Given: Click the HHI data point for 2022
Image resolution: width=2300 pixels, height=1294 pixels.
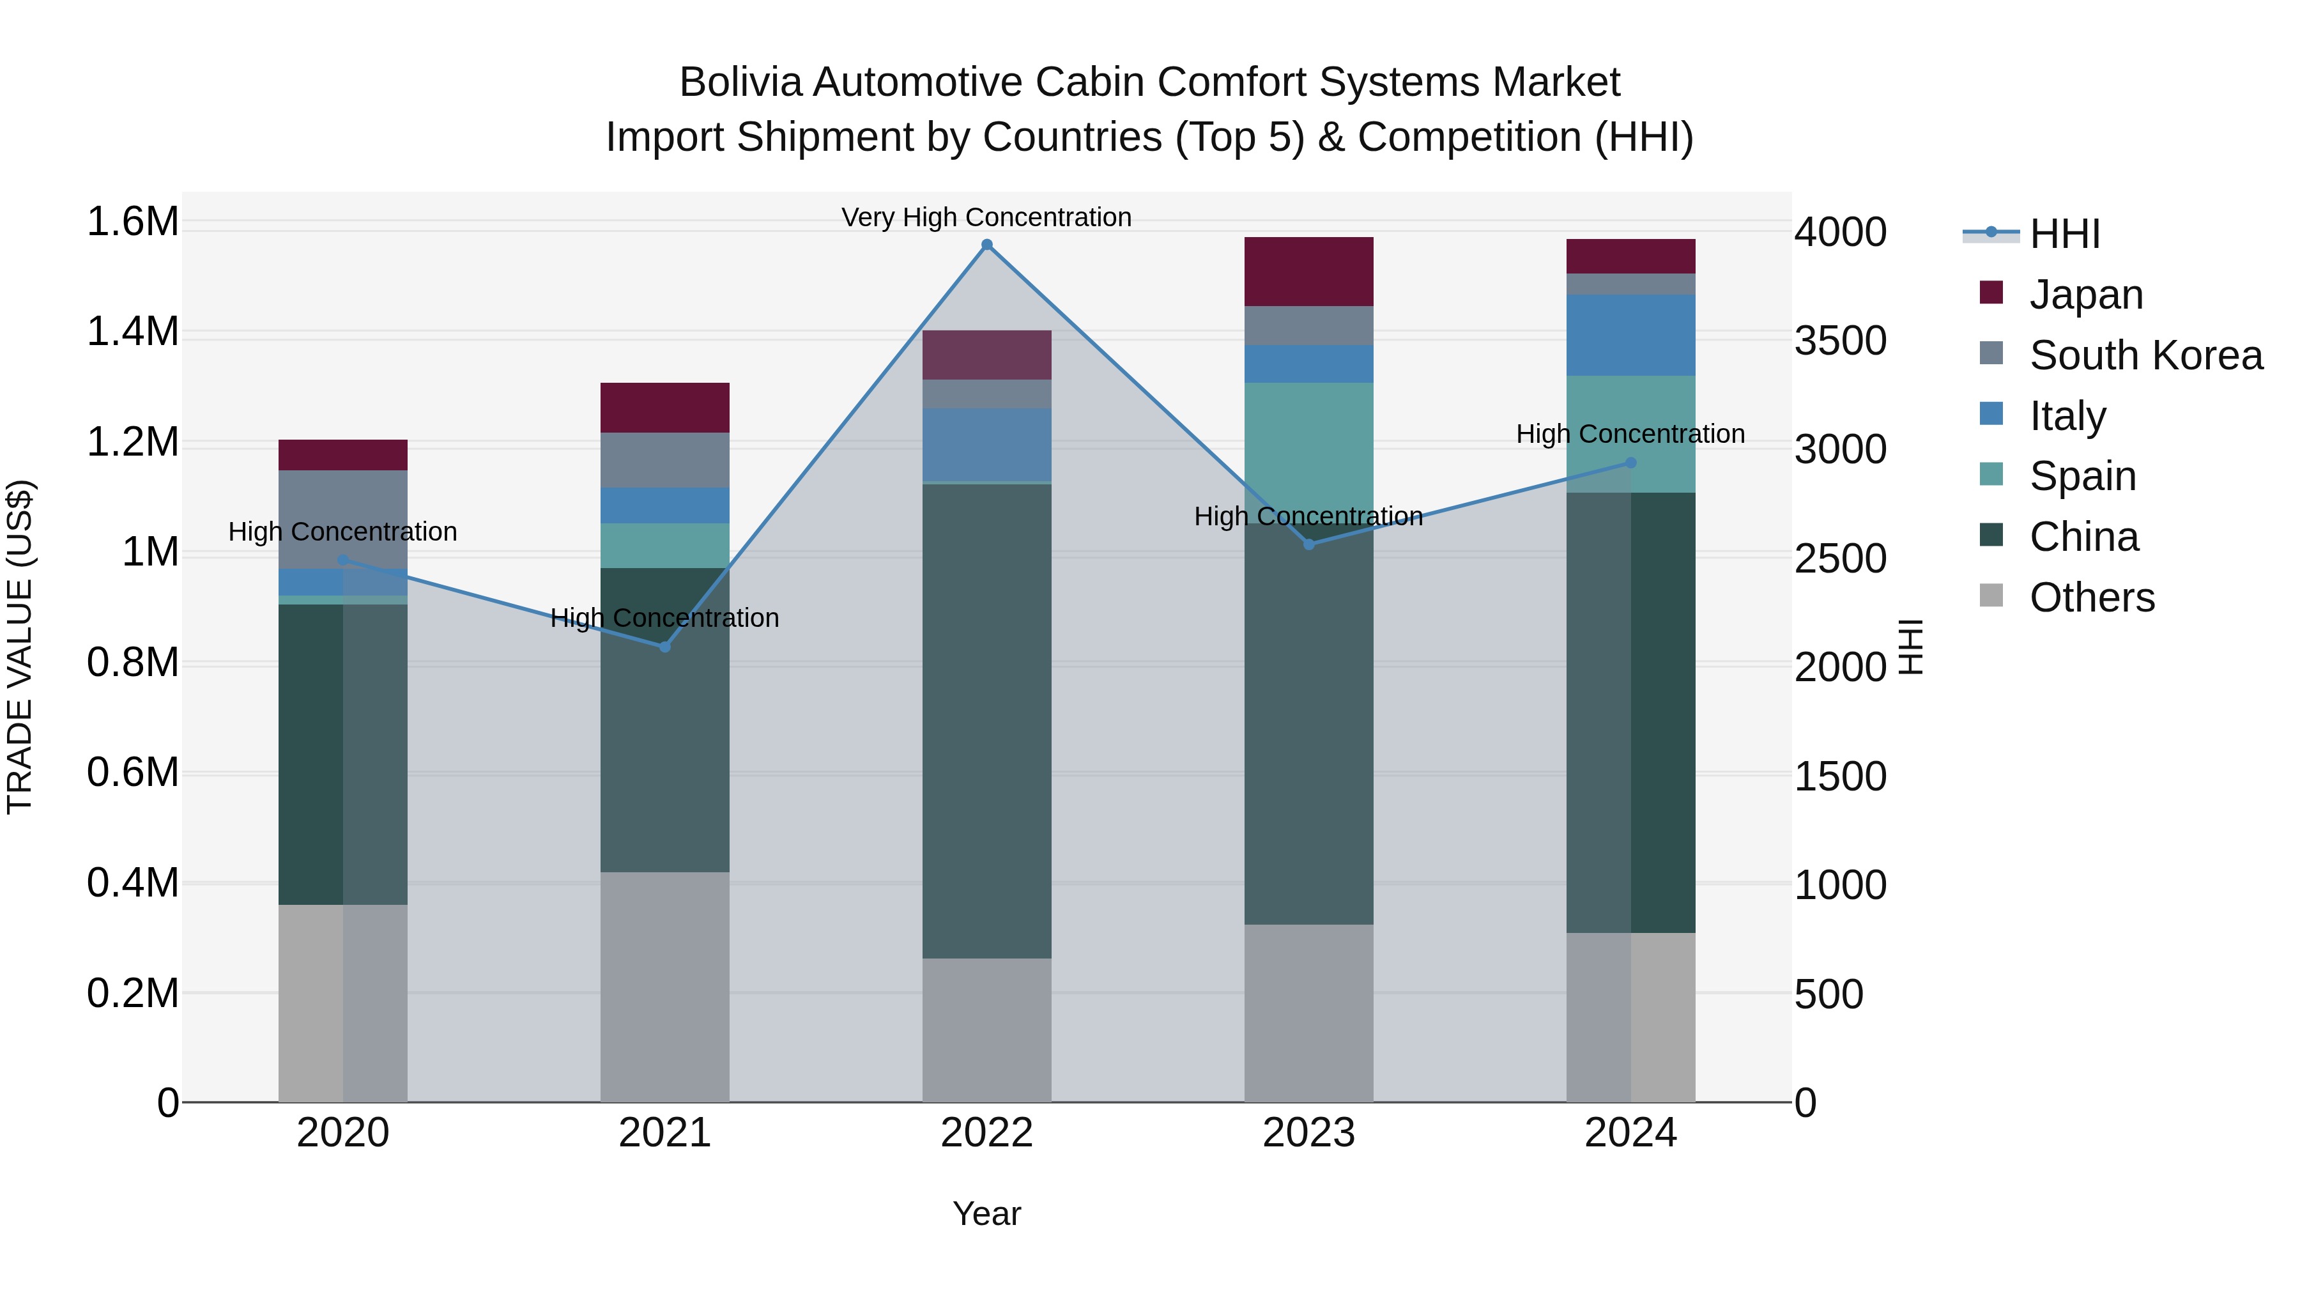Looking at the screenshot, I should [x=986, y=245].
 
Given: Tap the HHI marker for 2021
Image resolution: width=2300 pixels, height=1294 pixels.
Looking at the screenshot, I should [x=664, y=647].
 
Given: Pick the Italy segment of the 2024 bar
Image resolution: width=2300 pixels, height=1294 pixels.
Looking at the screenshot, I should [x=1630, y=335].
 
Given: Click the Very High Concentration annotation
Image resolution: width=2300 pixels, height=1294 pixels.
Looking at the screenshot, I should [x=986, y=217].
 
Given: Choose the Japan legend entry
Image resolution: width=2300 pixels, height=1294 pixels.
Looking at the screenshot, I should [x=2085, y=295].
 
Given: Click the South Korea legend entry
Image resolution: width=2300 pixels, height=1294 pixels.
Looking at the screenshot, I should [x=2145, y=355].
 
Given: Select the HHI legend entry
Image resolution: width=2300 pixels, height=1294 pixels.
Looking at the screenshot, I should [x=2064, y=234].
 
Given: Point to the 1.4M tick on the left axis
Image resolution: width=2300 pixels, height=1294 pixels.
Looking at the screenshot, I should [x=133, y=332].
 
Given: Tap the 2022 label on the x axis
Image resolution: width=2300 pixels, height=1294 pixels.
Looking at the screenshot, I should [x=986, y=1133].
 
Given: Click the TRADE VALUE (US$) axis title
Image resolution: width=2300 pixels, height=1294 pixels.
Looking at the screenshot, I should [x=20, y=647].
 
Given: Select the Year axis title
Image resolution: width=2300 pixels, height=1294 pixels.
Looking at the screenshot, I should [x=986, y=1213].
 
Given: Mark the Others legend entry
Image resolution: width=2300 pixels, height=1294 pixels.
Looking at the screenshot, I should [x=2090, y=597].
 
